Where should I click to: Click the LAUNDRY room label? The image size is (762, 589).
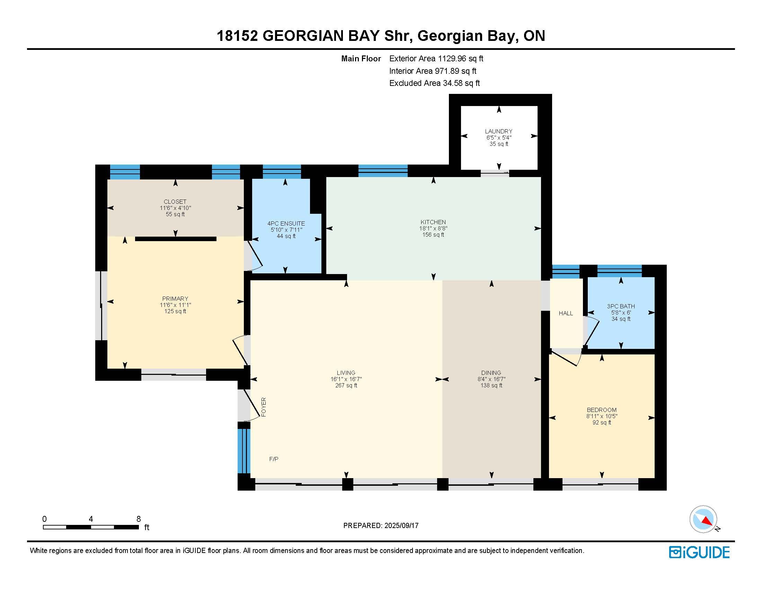(x=498, y=131)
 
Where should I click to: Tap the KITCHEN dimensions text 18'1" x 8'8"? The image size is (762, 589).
(x=433, y=229)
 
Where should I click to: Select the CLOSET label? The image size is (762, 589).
(x=175, y=202)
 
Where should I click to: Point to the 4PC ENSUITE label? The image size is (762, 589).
(x=286, y=224)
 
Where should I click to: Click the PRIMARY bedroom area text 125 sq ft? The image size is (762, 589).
(x=175, y=311)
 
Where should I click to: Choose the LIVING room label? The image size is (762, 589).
(x=346, y=373)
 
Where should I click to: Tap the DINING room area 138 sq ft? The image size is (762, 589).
(x=491, y=385)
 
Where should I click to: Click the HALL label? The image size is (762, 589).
(x=566, y=313)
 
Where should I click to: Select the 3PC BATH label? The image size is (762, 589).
(x=621, y=306)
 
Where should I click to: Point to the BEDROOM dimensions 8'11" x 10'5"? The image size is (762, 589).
(x=602, y=416)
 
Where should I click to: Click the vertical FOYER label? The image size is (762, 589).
(x=264, y=407)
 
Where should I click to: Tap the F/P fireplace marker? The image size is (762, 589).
(x=274, y=459)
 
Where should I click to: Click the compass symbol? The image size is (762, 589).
(x=703, y=519)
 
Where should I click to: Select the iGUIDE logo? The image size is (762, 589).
(x=700, y=552)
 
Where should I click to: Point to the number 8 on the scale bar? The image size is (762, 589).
(x=139, y=519)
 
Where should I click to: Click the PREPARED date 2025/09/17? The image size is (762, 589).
(x=401, y=526)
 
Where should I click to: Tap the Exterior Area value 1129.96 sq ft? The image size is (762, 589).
(x=461, y=59)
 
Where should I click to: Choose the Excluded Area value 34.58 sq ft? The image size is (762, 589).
(x=461, y=83)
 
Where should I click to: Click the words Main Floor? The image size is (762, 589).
(x=361, y=59)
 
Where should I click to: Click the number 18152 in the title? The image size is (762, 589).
(x=237, y=36)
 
